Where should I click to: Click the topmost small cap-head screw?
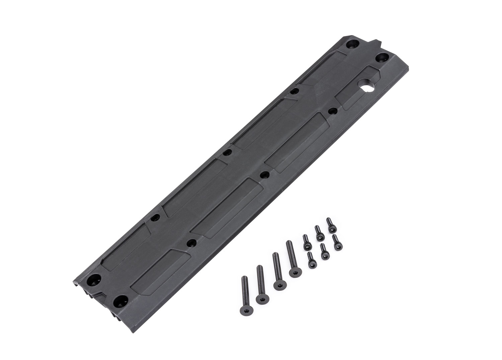(x=330, y=225)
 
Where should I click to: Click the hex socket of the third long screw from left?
(x=278, y=286)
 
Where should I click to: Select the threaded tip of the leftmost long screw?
(x=244, y=278)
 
